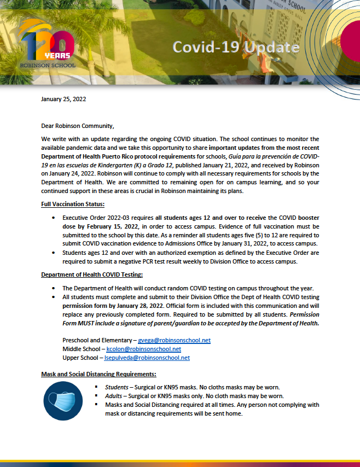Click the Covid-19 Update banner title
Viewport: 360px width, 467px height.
[x=236, y=47]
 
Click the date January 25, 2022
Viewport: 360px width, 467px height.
[x=63, y=99]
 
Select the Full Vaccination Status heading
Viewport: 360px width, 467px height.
[x=72, y=204]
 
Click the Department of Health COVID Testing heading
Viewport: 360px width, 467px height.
[x=92, y=274]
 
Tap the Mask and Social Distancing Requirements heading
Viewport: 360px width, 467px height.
[x=98, y=374]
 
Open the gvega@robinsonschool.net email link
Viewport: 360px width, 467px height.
[x=174, y=340]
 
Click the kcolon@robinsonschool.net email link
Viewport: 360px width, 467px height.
[x=143, y=349]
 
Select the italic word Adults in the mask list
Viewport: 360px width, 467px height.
[x=114, y=396]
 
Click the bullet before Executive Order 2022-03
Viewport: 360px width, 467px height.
[x=53, y=218]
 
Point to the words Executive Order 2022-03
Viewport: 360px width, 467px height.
[x=94, y=217]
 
